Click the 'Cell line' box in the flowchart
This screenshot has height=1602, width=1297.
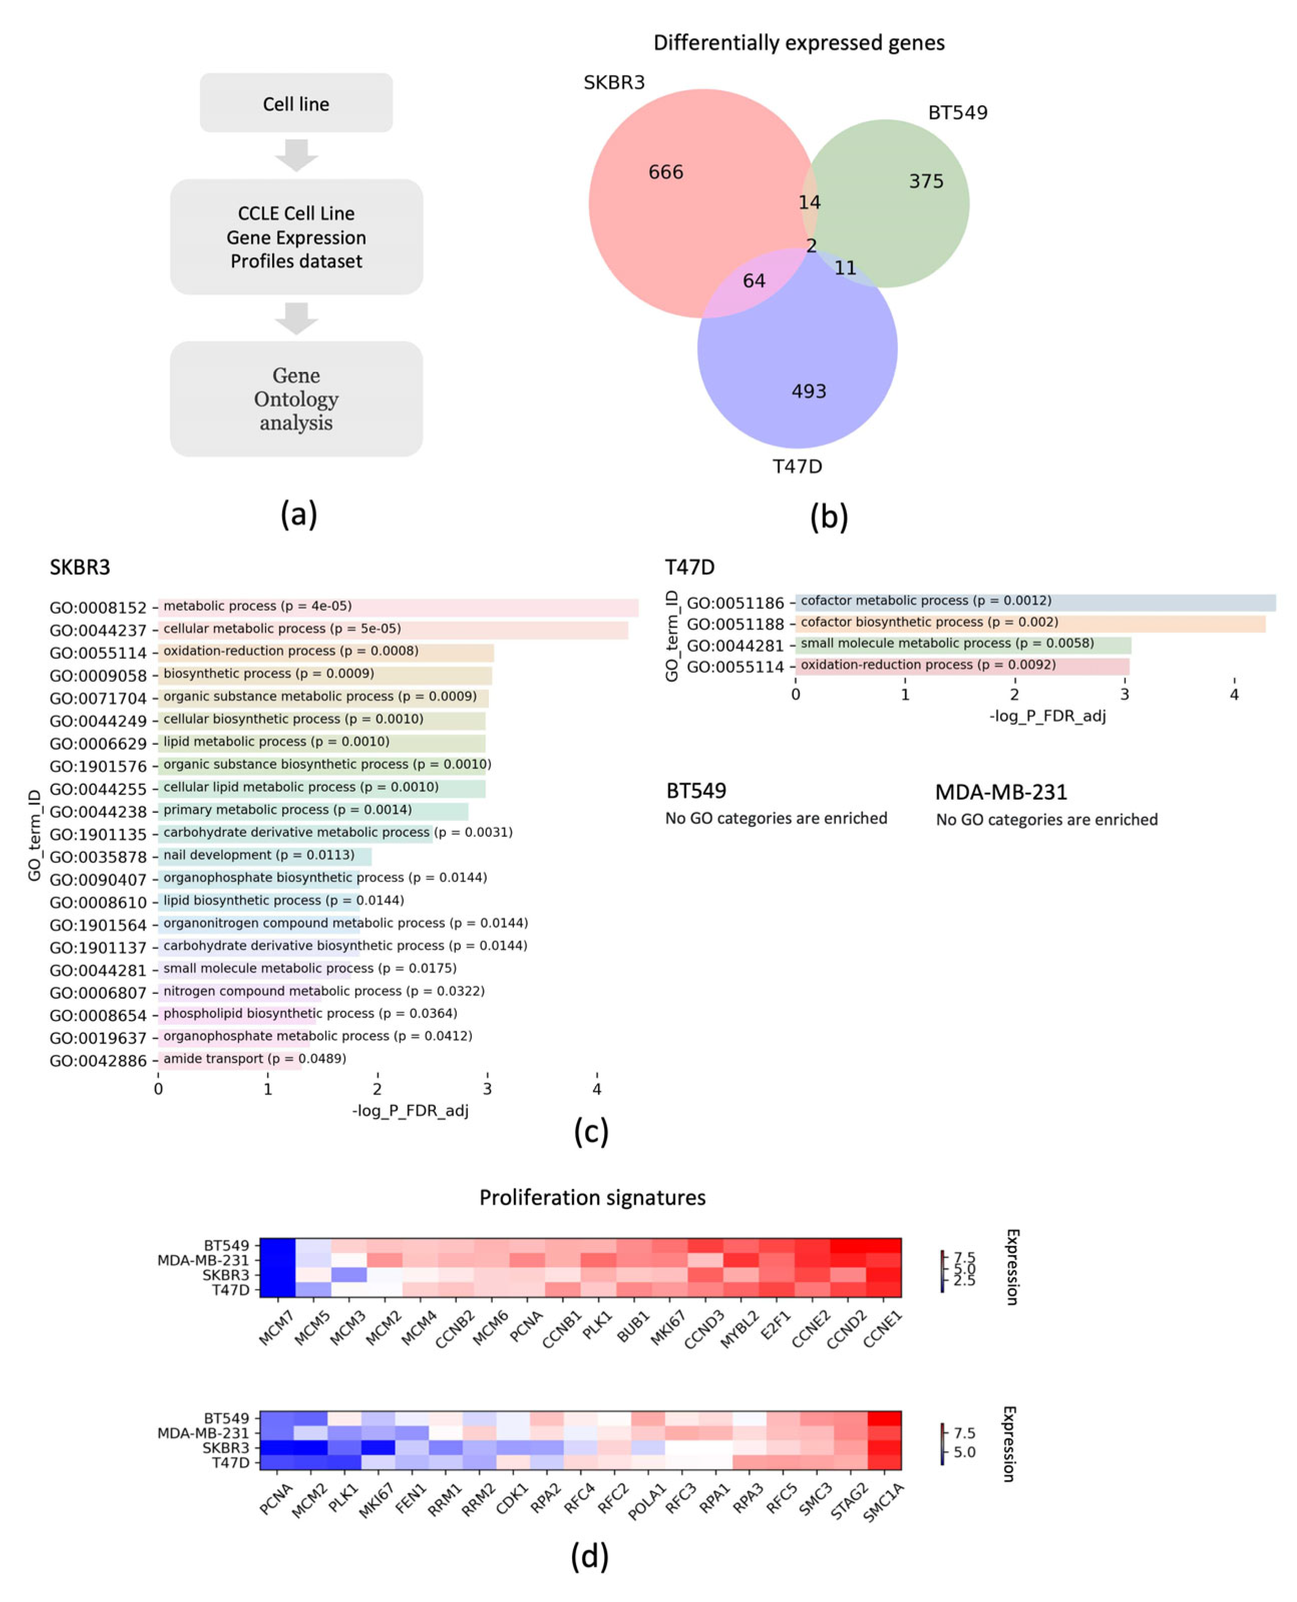point(296,103)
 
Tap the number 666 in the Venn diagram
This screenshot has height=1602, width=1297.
point(666,172)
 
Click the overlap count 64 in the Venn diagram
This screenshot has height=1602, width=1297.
point(754,281)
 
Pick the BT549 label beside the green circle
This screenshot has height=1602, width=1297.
point(957,113)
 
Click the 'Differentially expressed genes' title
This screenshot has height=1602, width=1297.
point(799,43)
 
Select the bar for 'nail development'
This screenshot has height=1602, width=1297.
point(265,855)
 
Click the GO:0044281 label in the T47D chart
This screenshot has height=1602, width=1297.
point(735,646)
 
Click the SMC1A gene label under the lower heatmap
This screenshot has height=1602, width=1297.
point(883,1502)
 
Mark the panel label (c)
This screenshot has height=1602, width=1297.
point(591,1133)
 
